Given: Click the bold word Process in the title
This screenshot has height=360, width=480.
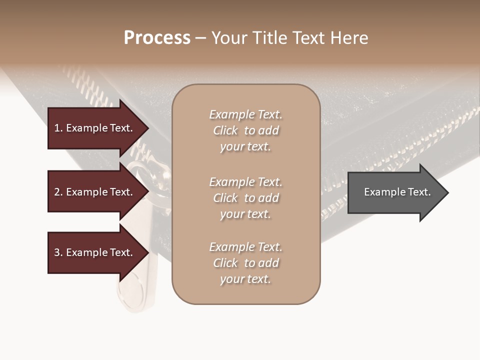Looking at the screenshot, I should tap(157, 38).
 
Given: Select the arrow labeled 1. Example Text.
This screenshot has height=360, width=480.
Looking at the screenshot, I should tap(95, 128).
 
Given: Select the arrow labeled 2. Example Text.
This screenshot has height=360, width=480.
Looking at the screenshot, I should tap(95, 192).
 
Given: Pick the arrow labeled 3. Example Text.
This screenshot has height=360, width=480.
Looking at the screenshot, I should tap(95, 252).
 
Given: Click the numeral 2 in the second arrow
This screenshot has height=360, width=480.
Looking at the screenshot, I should tap(57, 192).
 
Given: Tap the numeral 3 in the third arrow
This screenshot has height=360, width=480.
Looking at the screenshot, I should tap(57, 252).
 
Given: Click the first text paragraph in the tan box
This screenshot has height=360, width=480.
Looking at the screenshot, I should tap(245, 130).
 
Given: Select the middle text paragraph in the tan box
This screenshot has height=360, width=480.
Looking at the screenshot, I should tap(245, 198).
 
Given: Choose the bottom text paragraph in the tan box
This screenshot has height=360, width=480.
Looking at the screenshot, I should tap(245, 263).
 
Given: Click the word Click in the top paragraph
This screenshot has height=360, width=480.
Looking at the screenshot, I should tap(225, 130).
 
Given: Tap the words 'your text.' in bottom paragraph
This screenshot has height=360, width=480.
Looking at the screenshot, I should tap(245, 279).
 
